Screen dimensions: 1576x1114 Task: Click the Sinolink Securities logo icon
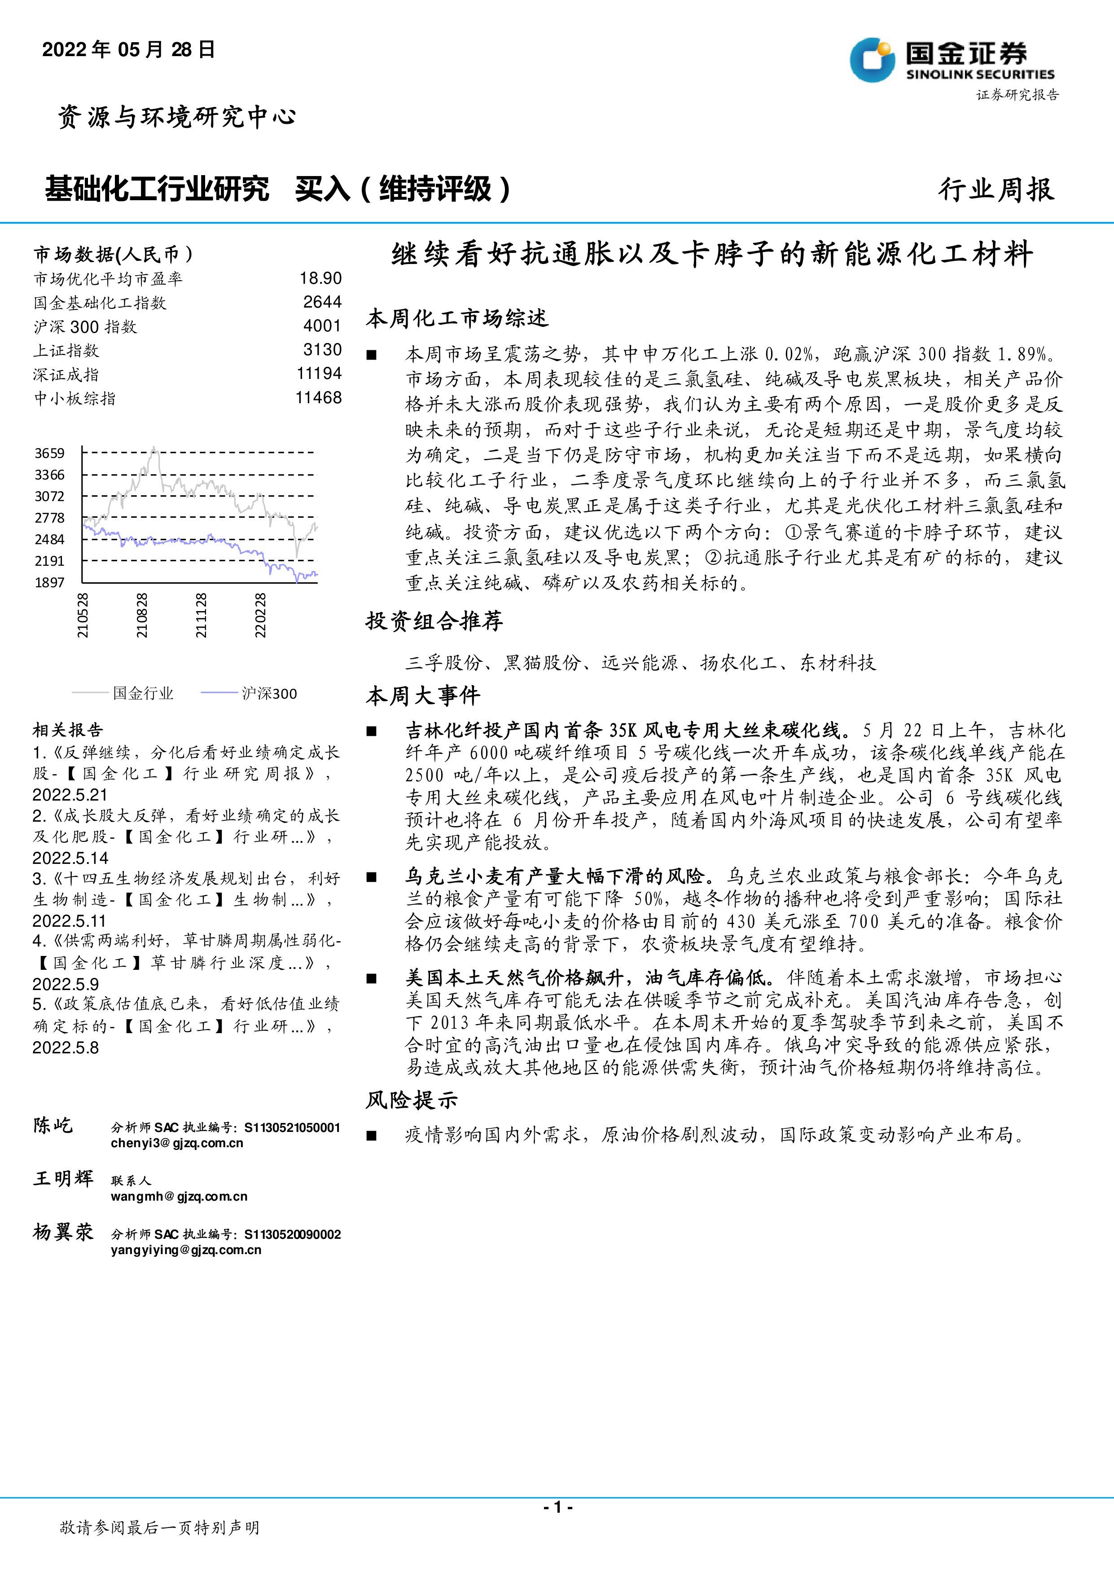click(872, 60)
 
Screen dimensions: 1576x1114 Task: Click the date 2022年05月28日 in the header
click(128, 49)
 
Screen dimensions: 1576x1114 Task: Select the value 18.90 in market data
click(320, 278)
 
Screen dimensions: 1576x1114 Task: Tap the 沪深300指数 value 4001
click(322, 326)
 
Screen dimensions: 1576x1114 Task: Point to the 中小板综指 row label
click(75, 398)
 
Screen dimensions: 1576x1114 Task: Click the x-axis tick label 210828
click(141, 616)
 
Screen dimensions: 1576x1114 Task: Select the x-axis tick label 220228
click(260, 616)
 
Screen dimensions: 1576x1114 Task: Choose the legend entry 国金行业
click(143, 693)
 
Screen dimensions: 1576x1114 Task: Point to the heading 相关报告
click(67, 729)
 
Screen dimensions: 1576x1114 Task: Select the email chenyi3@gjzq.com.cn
click(177, 1143)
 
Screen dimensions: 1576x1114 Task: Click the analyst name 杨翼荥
click(63, 1232)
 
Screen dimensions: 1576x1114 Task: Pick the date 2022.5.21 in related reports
click(70, 795)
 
